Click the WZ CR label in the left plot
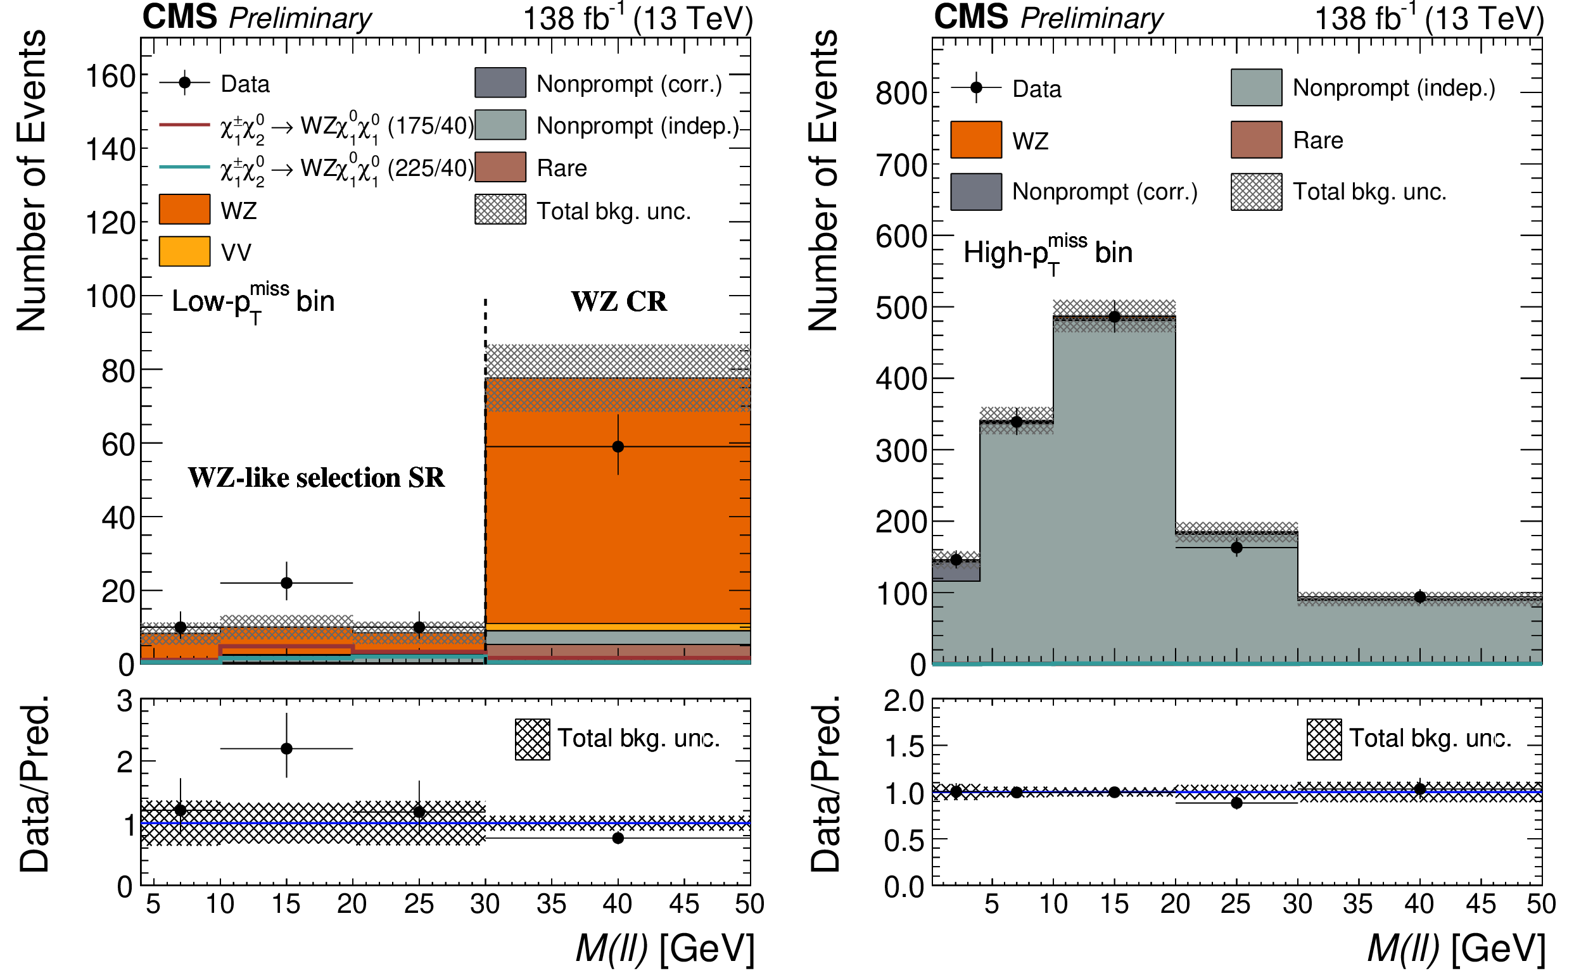click(x=619, y=302)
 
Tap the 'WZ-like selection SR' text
click(x=316, y=477)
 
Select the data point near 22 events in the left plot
click(x=286, y=583)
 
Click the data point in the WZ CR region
click(x=618, y=446)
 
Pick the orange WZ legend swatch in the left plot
click(x=184, y=209)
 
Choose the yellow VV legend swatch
click(x=184, y=251)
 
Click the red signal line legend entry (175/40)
click(x=184, y=125)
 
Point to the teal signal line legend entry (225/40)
click(x=184, y=167)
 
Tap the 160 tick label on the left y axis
click(x=110, y=77)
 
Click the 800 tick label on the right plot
click(x=901, y=94)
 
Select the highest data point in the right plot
click(x=1114, y=317)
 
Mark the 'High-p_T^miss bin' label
click(x=1048, y=252)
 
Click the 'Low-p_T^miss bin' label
click(x=253, y=301)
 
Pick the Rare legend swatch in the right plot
click(x=1256, y=140)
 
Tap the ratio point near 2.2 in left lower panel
click(x=286, y=749)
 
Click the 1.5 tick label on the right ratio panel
click(x=904, y=747)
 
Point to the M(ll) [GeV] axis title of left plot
click(x=664, y=948)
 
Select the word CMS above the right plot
click(x=971, y=16)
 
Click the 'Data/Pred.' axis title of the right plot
click(x=825, y=784)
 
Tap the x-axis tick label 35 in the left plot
click(x=551, y=904)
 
